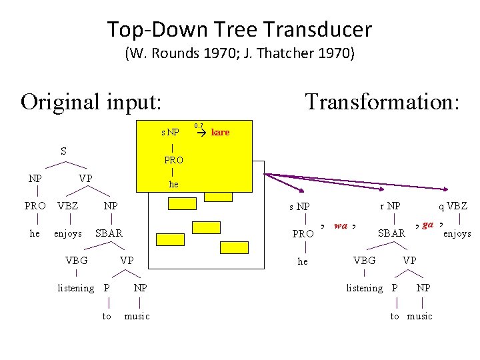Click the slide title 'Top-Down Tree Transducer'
click(x=239, y=29)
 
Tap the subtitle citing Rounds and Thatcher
click(x=239, y=54)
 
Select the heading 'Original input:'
click(x=91, y=102)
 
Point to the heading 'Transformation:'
click(x=382, y=102)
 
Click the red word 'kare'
click(x=220, y=133)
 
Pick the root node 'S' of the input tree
click(x=63, y=151)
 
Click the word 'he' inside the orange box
click(x=173, y=185)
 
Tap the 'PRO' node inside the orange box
click(x=173, y=160)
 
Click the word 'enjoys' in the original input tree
click(x=68, y=233)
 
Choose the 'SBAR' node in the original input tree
click(x=109, y=233)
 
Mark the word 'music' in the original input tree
click(x=137, y=316)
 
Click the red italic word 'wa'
click(x=340, y=225)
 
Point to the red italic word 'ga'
click(x=428, y=225)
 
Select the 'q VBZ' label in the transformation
click(x=453, y=207)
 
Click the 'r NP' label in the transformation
click(x=390, y=207)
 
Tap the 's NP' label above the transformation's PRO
click(x=299, y=207)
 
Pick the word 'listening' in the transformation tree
click(x=364, y=288)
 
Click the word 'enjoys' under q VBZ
click(x=457, y=233)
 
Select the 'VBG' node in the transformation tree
click(x=364, y=261)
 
